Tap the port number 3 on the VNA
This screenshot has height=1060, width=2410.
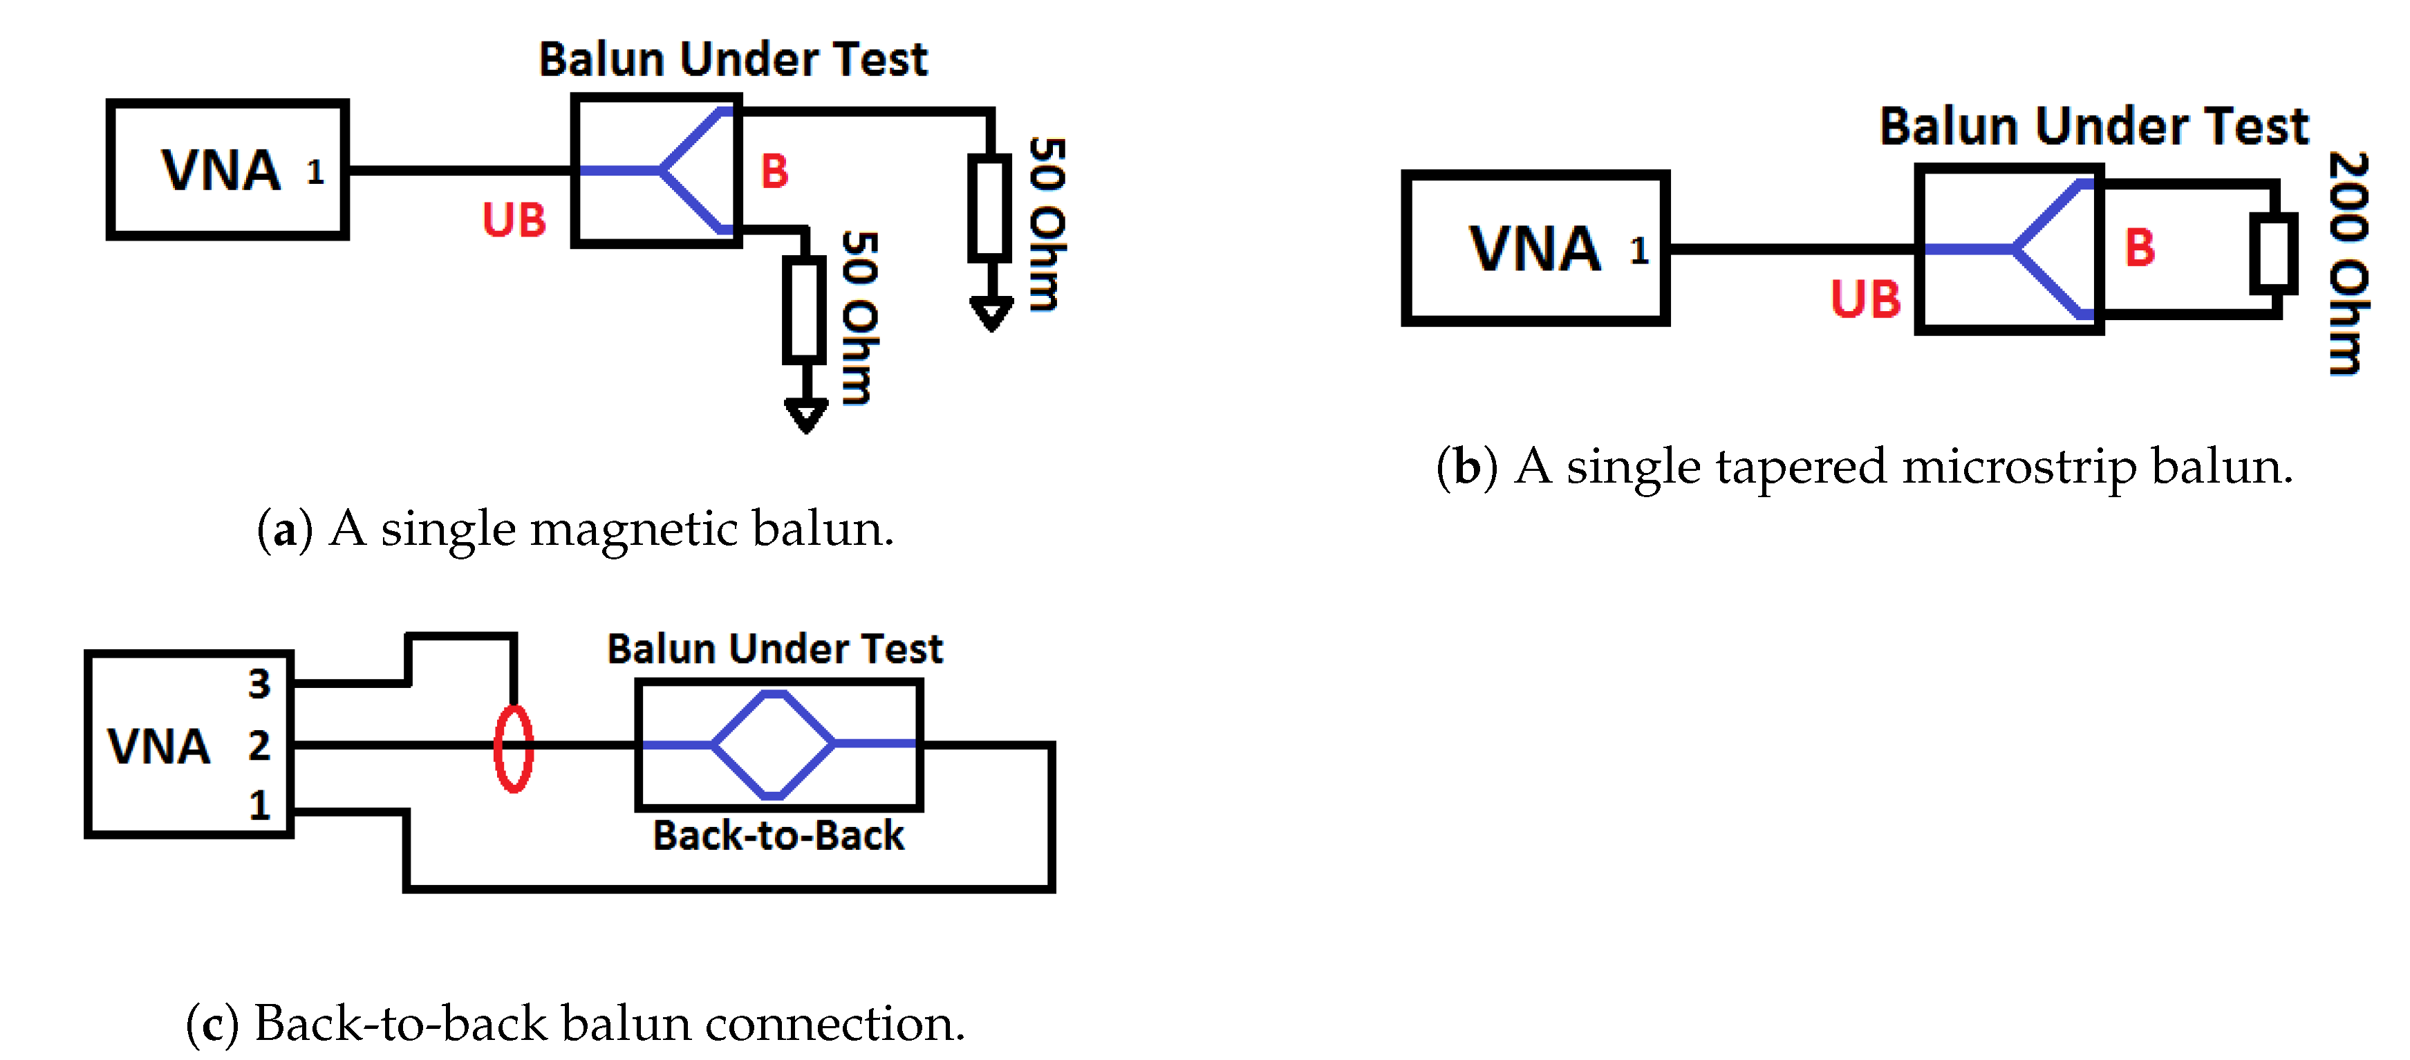pyautogui.click(x=259, y=684)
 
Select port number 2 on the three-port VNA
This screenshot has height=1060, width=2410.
pyautogui.click(x=259, y=745)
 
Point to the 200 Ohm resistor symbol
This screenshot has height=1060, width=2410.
pyautogui.click(x=2272, y=252)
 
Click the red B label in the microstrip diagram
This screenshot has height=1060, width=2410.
pyautogui.click(x=2140, y=248)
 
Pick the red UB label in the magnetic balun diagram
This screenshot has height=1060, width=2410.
pyautogui.click(x=514, y=221)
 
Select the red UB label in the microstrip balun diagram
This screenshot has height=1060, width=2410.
pyautogui.click(x=1865, y=299)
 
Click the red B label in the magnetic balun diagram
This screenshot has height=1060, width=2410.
pyautogui.click(x=774, y=171)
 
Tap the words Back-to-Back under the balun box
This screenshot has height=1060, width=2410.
pyautogui.click(x=778, y=835)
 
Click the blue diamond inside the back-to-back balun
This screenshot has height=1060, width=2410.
pyautogui.click(x=773, y=745)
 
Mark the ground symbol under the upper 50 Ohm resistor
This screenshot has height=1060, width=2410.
pyautogui.click(x=991, y=313)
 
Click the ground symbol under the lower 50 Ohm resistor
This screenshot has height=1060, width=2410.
pyautogui.click(x=805, y=414)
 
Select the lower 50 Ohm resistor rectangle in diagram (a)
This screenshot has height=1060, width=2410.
pyautogui.click(x=803, y=309)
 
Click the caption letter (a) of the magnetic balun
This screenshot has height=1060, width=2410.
pyautogui.click(x=283, y=530)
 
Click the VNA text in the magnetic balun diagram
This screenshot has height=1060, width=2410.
pyautogui.click(x=221, y=170)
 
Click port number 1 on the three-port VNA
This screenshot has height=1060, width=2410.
pyautogui.click(x=259, y=806)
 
